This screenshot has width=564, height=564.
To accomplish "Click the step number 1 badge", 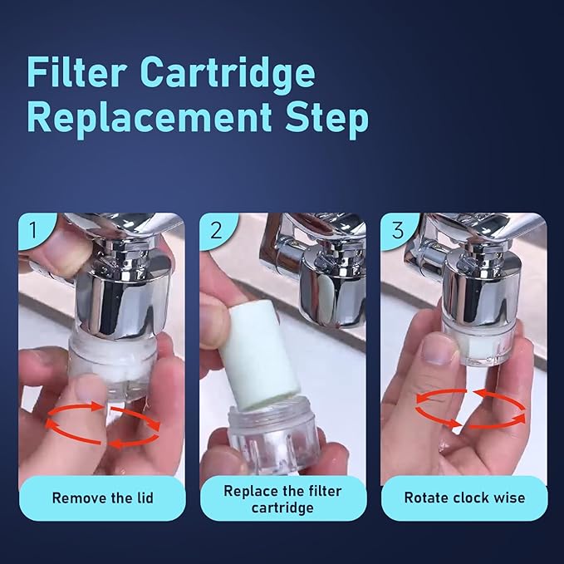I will (32, 228).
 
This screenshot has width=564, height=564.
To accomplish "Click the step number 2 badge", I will (215, 228).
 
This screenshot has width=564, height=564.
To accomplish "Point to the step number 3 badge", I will (396, 228).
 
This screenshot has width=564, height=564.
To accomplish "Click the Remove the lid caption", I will (102, 498).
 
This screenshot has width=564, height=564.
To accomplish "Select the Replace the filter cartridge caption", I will (282, 498).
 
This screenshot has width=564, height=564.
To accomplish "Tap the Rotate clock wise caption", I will (464, 498).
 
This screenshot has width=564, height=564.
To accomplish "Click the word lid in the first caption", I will (142, 498).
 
